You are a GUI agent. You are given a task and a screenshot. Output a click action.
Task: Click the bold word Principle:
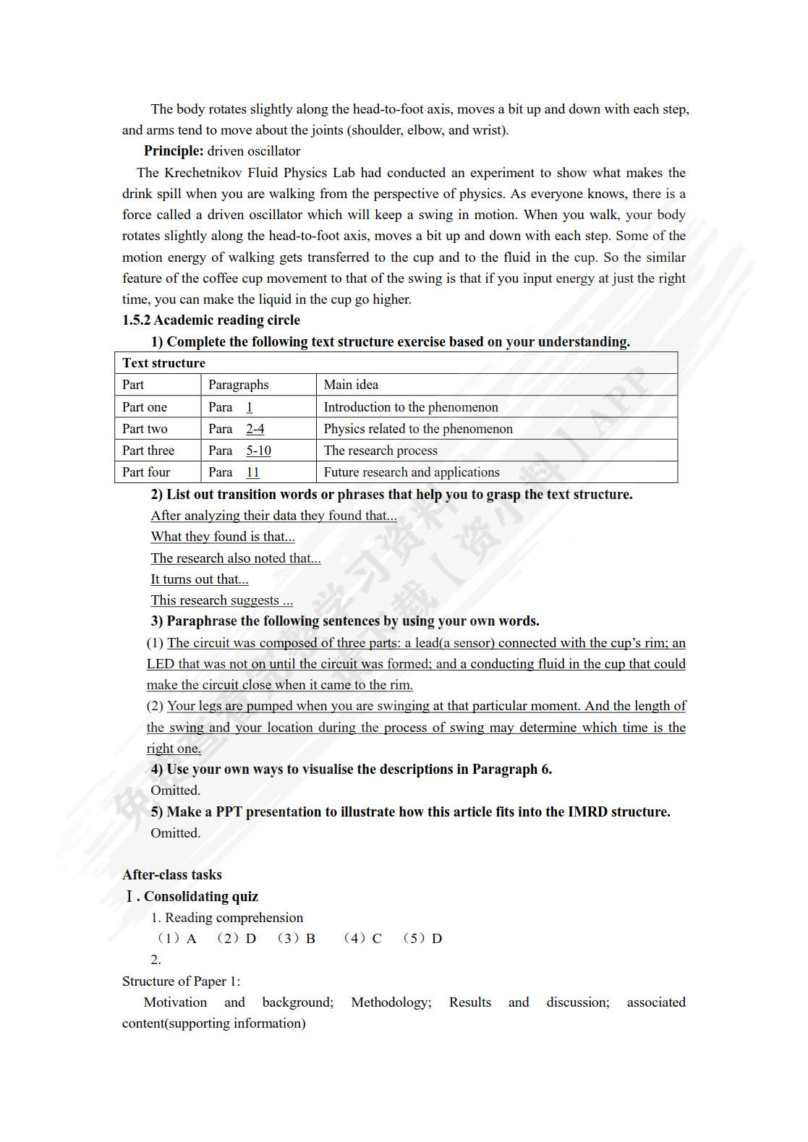click(x=174, y=151)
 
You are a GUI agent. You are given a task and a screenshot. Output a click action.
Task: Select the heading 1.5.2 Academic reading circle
click(x=210, y=320)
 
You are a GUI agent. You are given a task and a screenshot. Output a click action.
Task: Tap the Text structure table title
click(x=163, y=363)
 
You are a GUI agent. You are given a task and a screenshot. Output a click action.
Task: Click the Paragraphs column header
click(x=238, y=385)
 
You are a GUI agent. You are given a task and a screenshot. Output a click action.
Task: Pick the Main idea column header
click(x=351, y=385)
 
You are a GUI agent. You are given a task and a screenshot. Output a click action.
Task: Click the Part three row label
click(x=148, y=451)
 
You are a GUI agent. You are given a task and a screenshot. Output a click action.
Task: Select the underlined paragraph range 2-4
click(x=255, y=429)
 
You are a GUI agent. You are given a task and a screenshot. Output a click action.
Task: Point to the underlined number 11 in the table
click(x=252, y=472)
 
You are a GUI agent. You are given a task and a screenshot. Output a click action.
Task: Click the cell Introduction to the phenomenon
click(x=411, y=407)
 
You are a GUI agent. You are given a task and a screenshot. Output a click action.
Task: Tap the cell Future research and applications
click(x=412, y=472)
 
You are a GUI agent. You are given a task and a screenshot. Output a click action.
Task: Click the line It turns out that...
click(x=199, y=579)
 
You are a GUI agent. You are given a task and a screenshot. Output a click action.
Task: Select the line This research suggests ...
click(x=221, y=600)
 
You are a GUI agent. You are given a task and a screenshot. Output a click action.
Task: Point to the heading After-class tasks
click(x=172, y=875)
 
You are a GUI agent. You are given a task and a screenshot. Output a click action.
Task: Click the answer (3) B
click(x=297, y=939)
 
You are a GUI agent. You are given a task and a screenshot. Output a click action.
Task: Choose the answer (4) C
click(x=362, y=939)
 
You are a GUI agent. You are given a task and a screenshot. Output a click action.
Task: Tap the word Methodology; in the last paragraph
click(x=391, y=1002)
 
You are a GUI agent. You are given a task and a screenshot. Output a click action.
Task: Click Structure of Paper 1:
click(x=181, y=981)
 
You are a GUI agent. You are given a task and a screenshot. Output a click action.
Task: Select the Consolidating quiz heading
click(x=200, y=897)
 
